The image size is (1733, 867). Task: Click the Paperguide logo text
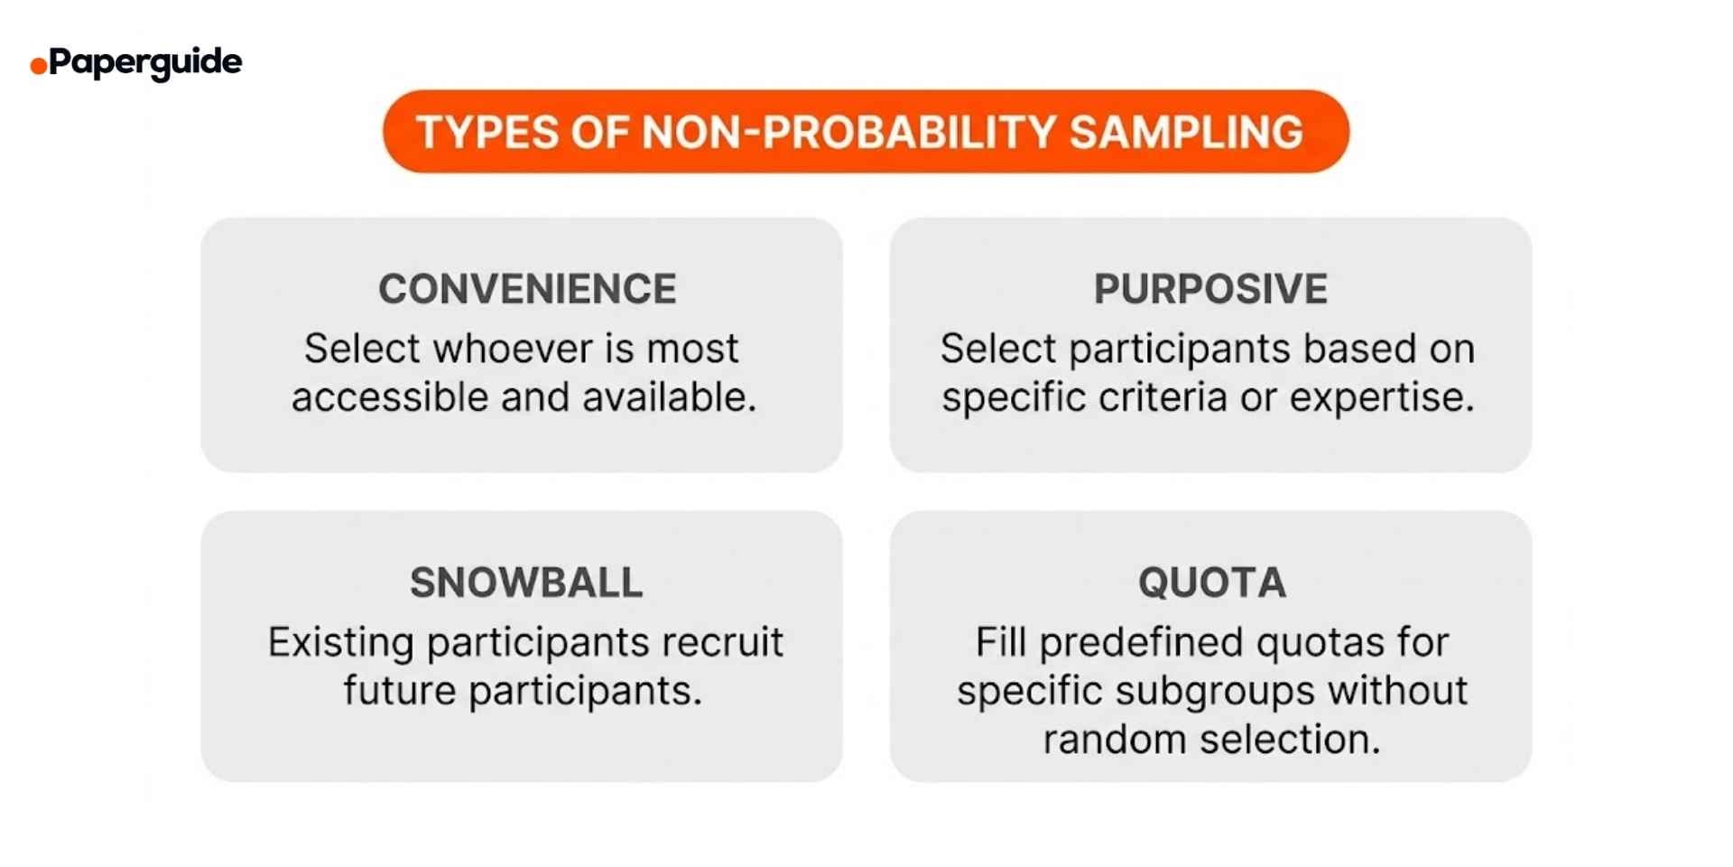145,62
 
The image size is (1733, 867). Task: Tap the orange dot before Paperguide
38,66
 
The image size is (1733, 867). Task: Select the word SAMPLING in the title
1186,132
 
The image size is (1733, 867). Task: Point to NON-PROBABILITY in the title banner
848,132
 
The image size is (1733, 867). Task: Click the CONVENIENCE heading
527,289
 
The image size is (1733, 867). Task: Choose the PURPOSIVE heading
1210,289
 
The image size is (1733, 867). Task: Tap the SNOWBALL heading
526,583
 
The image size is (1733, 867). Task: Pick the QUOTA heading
1211,583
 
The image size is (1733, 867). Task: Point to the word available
669,397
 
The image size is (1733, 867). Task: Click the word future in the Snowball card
399,692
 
